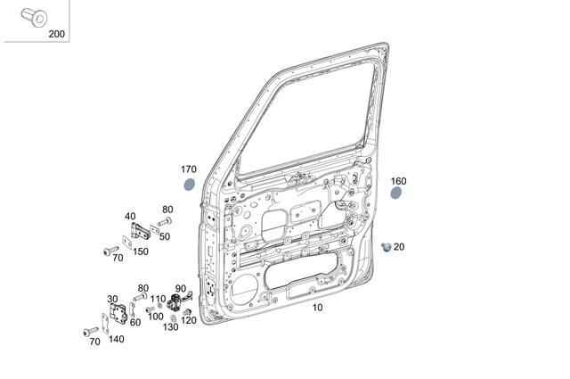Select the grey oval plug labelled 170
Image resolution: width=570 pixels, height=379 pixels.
(189, 185)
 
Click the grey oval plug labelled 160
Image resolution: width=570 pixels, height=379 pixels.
(396, 193)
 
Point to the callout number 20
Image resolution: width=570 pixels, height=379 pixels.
(399, 247)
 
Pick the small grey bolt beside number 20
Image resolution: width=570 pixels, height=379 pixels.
(387, 245)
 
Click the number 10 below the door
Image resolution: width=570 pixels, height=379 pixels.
(318, 307)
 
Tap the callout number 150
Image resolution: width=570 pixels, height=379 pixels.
(141, 251)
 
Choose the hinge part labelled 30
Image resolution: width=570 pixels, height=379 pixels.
(118, 314)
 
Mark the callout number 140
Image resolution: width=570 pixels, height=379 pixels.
(117, 339)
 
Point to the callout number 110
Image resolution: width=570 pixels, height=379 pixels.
(157, 299)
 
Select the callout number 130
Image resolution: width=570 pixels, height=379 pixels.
(170, 327)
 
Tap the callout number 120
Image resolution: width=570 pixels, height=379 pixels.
(189, 320)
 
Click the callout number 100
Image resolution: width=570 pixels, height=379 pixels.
(155, 317)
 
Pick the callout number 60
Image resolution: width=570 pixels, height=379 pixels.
(135, 322)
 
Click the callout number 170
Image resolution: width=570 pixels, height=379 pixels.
(188, 169)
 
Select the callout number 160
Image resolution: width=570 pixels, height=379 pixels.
(398, 180)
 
